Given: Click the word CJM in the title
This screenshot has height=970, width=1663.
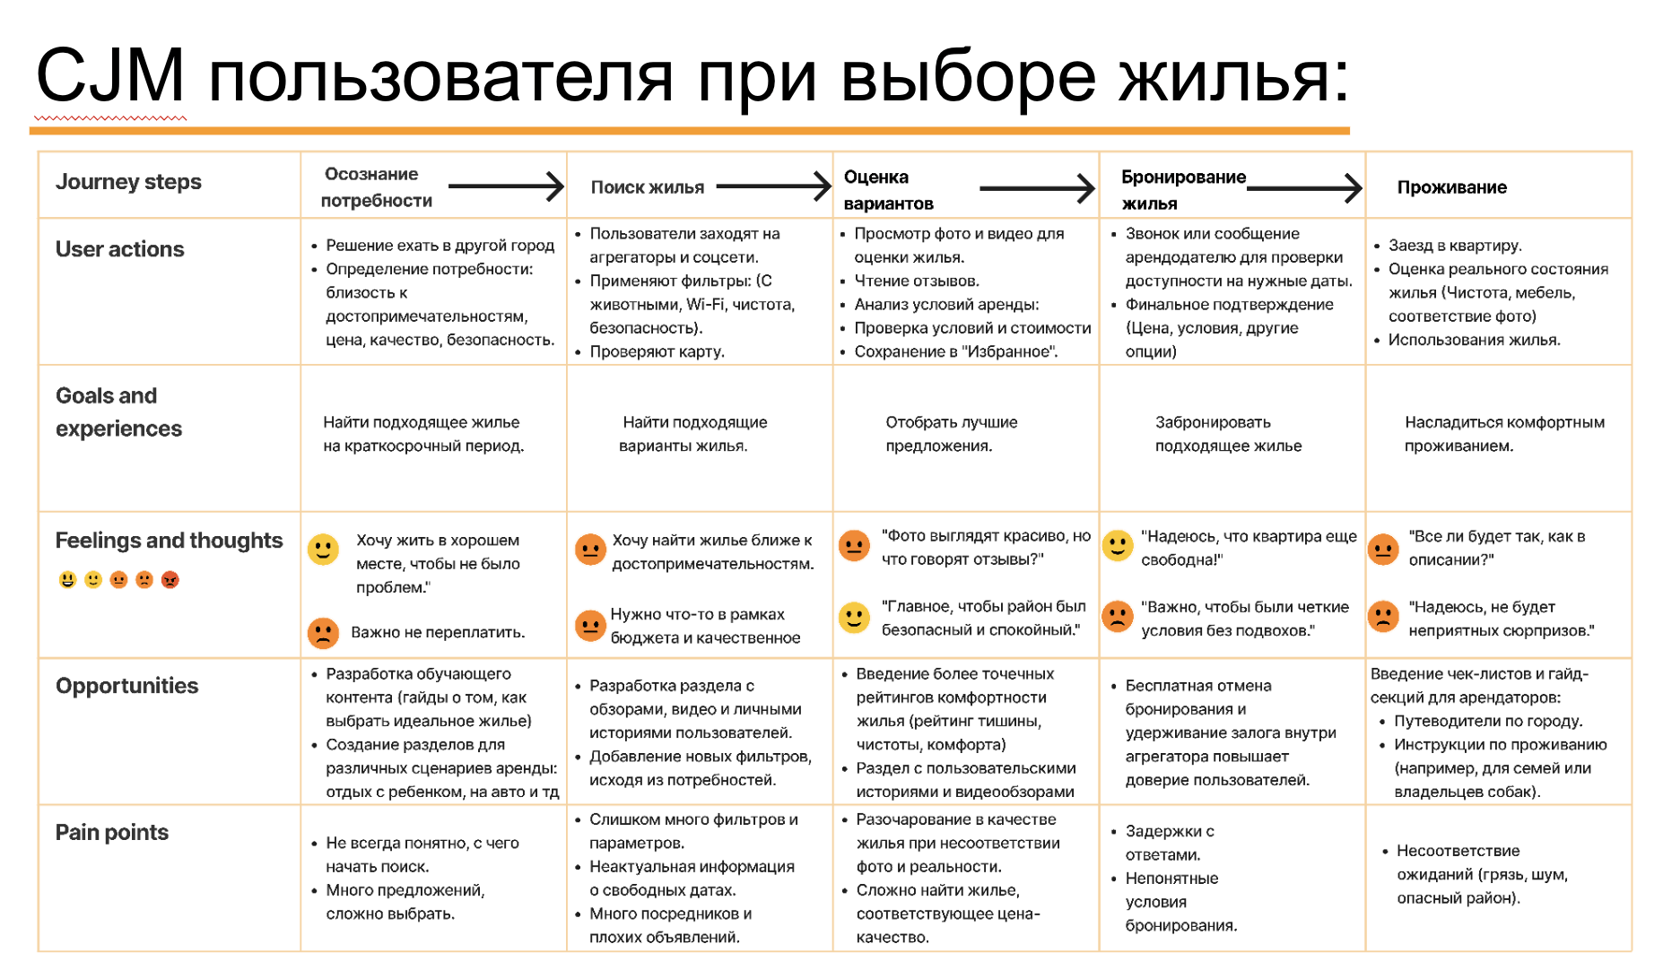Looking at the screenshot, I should [x=110, y=76].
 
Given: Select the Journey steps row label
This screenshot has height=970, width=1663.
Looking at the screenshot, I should [x=128, y=182].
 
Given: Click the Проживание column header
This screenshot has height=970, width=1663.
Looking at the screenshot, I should [x=1451, y=187].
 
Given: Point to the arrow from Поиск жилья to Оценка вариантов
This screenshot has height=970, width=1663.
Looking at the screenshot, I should [x=773, y=186].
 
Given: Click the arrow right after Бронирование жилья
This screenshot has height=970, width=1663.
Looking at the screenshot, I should [x=1305, y=187].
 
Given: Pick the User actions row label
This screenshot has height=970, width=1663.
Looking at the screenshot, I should [x=119, y=249].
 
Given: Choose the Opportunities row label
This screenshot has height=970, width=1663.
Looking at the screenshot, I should [x=126, y=686].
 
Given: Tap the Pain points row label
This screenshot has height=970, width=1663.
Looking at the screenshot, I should [x=111, y=833].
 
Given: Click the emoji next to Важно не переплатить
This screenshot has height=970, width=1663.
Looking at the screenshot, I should [x=323, y=633].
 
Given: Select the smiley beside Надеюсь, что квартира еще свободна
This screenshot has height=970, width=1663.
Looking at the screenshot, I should [x=1118, y=545].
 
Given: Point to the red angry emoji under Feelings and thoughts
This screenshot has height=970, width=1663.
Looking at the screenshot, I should [x=170, y=580].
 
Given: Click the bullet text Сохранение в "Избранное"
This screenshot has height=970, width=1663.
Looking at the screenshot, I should [x=955, y=351].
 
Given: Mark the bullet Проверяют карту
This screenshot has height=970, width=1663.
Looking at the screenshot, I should [x=657, y=351].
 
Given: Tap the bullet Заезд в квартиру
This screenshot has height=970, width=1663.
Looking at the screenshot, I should [x=1454, y=245].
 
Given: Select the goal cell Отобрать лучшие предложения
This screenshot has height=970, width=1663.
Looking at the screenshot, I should [x=951, y=434].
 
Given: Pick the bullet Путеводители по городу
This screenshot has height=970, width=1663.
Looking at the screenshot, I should [x=1487, y=721].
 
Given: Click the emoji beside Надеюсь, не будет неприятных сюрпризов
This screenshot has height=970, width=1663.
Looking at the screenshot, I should [x=1383, y=617].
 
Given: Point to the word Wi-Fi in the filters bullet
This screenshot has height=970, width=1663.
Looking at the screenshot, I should [x=705, y=305].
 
